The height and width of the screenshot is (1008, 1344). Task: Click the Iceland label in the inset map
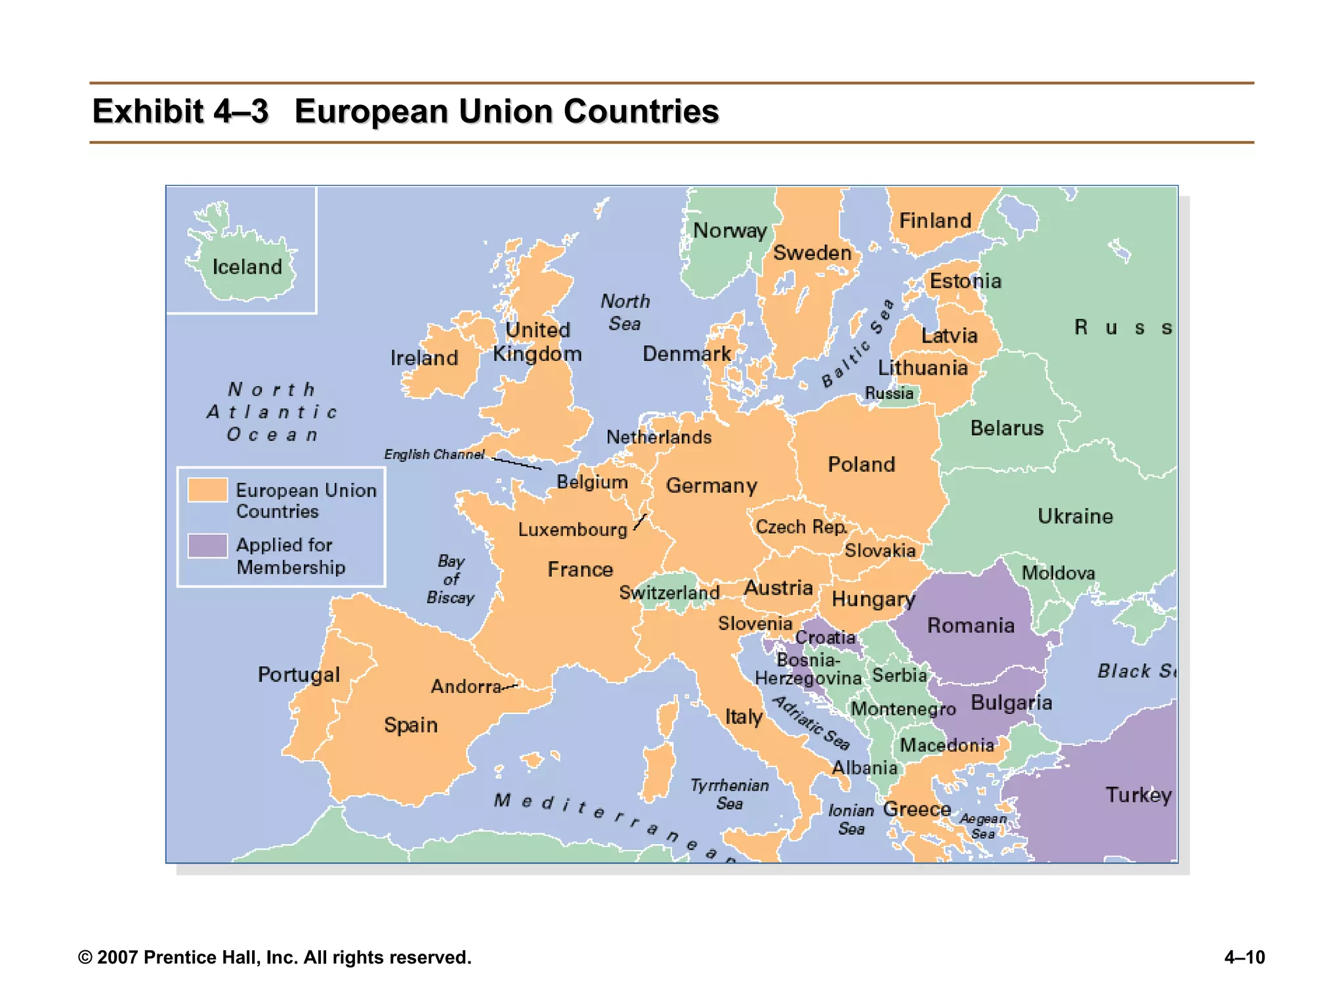click(x=247, y=267)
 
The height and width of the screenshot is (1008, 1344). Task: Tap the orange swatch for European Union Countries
click(x=207, y=490)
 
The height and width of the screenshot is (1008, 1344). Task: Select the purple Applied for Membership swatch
click(x=207, y=545)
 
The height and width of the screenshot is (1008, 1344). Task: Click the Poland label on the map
click(x=861, y=465)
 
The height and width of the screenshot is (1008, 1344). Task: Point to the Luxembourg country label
click(x=572, y=530)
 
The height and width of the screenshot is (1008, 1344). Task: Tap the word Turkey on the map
click(x=1138, y=795)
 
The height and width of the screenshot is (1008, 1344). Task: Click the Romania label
click(x=971, y=625)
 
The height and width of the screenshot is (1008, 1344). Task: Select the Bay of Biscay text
click(x=450, y=579)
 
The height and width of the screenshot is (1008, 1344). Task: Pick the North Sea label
click(x=625, y=312)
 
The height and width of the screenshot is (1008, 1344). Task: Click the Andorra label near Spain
click(x=466, y=686)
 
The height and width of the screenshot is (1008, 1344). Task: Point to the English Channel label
click(x=434, y=454)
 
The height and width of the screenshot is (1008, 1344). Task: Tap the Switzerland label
click(x=669, y=593)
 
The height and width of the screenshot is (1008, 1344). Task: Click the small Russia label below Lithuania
click(x=889, y=393)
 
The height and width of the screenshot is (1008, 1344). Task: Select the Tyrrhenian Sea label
click(x=729, y=794)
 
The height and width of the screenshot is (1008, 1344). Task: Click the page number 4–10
click(x=1244, y=957)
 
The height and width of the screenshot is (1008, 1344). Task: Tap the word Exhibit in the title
click(x=147, y=111)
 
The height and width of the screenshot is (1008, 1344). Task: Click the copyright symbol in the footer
click(x=85, y=957)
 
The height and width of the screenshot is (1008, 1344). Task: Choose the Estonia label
click(x=965, y=281)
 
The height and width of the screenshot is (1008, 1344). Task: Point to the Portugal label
click(x=299, y=675)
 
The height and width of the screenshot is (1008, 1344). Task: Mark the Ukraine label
click(x=1075, y=516)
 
